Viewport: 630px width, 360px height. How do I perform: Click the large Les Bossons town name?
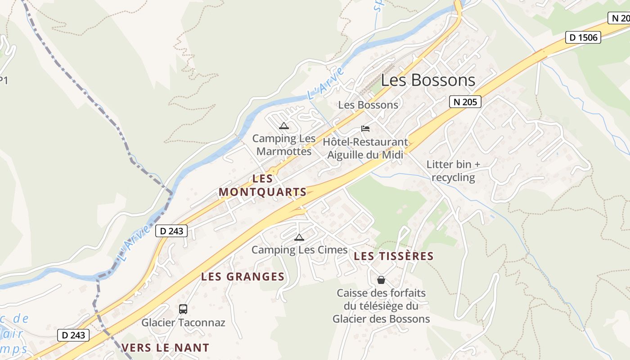coord(428,80)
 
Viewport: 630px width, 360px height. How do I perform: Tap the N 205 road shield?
coord(465,102)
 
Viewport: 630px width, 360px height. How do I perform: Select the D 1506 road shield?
coord(583,37)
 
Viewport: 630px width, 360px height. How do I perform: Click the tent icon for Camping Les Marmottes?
coord(283,126)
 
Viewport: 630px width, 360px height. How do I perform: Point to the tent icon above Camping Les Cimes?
coord(299,237)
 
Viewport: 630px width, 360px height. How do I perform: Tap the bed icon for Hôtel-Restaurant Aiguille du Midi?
coord(365,129)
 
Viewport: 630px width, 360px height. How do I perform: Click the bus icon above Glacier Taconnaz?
coord(183,309)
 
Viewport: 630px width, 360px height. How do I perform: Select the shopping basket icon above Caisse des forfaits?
coord(381,280)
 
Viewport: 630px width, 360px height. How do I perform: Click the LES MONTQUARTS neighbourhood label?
coord(263,185)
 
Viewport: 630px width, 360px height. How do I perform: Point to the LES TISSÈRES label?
coord(394,256)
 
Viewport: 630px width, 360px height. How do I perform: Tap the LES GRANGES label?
coord(243,276)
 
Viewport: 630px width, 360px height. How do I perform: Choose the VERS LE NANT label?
coord(166,347)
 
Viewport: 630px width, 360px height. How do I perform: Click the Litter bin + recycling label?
coord(454,171)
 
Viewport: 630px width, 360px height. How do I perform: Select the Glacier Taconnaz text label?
coord(183,323)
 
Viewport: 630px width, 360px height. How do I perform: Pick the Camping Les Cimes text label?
coord(300,250)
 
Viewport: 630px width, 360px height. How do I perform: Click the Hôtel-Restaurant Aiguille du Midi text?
coord(365,148)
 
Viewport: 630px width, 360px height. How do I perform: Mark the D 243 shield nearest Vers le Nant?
coord(73,335)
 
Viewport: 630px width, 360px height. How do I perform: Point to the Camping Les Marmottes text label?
coord(284,145)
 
